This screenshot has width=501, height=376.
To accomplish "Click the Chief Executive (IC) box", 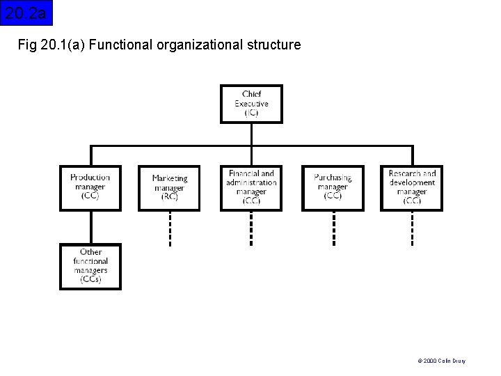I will coord(251,104).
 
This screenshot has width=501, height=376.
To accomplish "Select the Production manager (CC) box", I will coord(90,187).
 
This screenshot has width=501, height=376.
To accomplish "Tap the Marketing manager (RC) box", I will coord(169,188).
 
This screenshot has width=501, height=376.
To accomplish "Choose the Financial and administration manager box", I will coord(251,187).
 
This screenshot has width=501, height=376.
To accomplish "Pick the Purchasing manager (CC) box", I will coord(333,187).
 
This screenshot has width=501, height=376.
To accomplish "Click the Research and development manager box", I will coord(412,187).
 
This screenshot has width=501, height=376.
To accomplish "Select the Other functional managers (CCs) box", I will coord(90,266).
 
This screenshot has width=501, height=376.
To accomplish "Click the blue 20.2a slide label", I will coord(26,13).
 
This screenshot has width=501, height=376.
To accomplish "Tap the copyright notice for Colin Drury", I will coord(442,361).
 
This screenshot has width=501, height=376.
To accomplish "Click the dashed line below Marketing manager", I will coord(169,228).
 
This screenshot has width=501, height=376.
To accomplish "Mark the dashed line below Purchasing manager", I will coord(333,228).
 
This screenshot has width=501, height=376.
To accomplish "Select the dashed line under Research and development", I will coord(413,228).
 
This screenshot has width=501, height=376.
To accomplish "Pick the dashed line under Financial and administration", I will coord(251,228).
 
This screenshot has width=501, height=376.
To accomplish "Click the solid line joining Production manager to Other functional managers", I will coord(90,227).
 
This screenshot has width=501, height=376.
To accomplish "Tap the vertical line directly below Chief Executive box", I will coord(251,134).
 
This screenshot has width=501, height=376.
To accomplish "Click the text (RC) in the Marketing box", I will coord(169,197).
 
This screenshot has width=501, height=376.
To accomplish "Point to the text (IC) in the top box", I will coord(251,113).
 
